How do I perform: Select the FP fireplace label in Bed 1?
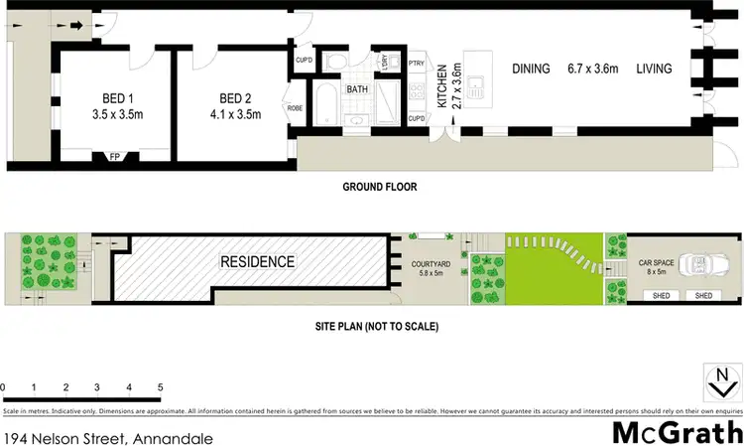(114, 156)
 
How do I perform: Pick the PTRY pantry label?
(417, 64)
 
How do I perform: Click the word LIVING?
(656, 69)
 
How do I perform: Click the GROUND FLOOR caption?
(379, 187)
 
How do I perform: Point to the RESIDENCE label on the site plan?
(257, 262)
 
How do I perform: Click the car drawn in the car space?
(706, 264)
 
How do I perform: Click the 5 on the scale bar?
(159, 386)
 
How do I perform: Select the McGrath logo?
(678, 434)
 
